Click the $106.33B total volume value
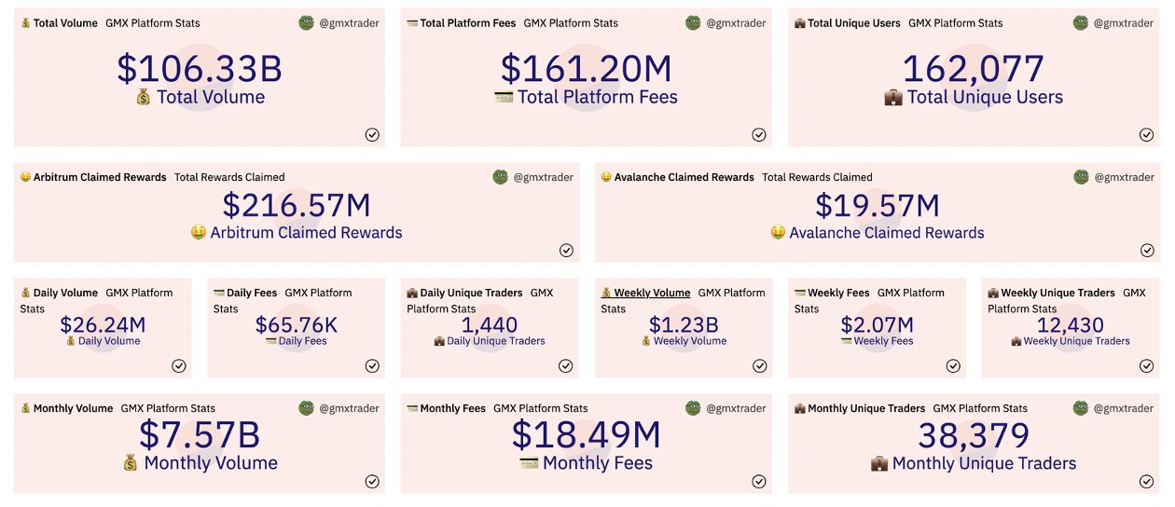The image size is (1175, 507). [x=200, y=69]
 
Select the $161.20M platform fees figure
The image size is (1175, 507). [x=586, y=69]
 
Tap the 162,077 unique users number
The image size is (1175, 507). [x=973, y=69]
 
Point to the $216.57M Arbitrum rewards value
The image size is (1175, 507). [x=297, y=205]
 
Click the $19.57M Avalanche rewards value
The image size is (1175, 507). [x=877, y=205]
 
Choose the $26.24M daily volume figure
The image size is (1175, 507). [x=103, y=324]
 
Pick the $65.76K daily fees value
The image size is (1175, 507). [x=297, y=324]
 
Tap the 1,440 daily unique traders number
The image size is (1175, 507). [x=490, y=324]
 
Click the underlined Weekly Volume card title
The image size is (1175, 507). [x=652, y=293]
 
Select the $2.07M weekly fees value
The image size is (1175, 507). [x=877, y=324]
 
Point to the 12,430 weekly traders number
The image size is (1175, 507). [x=1070, y=324]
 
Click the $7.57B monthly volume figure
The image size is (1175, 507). [x=200, y=435]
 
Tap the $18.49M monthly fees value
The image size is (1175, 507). [x=586, y=435]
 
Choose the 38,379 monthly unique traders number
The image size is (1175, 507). [x=973, y=435]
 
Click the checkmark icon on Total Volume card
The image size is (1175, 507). [x=372, y=134]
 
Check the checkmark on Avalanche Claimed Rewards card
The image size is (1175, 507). [x=1146, y=250]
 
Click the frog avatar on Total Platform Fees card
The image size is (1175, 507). [x=693, y=23]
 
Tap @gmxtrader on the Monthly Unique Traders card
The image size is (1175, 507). [x=1124, y=408]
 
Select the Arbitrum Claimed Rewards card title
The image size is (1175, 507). [x=100, y=177]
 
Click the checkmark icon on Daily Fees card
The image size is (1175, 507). [x=372, y=365]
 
